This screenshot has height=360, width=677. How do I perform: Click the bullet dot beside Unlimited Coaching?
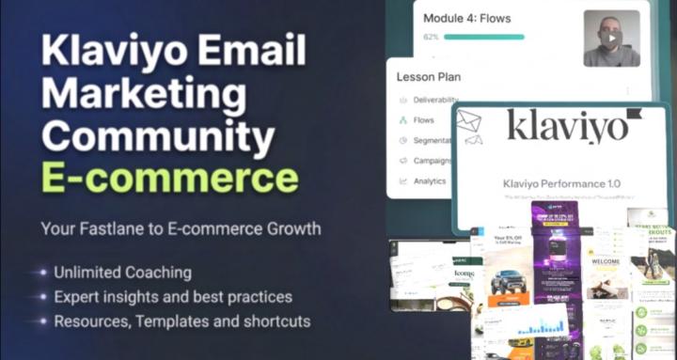click(x=43, y=274)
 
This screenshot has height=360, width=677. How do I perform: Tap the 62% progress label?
click(x=432, y=38)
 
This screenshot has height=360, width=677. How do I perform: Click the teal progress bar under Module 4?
click(x=483, y=38)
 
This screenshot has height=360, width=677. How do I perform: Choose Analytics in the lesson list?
click(x=431, y=180)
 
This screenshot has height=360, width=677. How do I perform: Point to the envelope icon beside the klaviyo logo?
click(x=468, y=121)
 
